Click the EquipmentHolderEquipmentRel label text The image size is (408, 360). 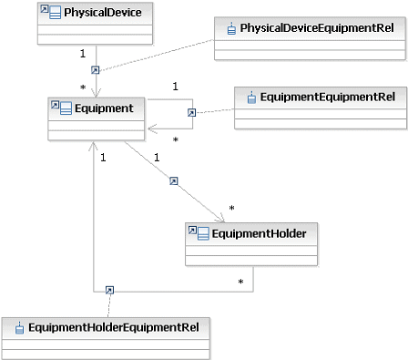[x=113, y=325]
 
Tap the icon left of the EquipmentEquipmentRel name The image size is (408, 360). [x=250, y=96]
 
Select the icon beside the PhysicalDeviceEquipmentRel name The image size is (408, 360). [x=231, y=28]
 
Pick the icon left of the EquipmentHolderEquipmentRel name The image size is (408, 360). [x=19, y=325]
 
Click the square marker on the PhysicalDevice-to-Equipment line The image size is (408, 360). [x=94, y=69]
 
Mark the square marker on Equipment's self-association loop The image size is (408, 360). [x=191, y=113]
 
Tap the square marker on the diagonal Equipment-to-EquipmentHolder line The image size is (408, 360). [x=173, y=181]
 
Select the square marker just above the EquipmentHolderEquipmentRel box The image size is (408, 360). [x=109, y=291]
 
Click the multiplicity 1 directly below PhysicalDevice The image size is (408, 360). [x=82, y=53]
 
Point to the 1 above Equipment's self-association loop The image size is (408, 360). [x=174, y=87]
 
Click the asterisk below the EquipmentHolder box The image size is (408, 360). [x=241, y=281]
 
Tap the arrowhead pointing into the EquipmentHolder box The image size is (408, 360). [x=220, y=218]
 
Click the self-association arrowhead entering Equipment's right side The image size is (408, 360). [x=153, y=130]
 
